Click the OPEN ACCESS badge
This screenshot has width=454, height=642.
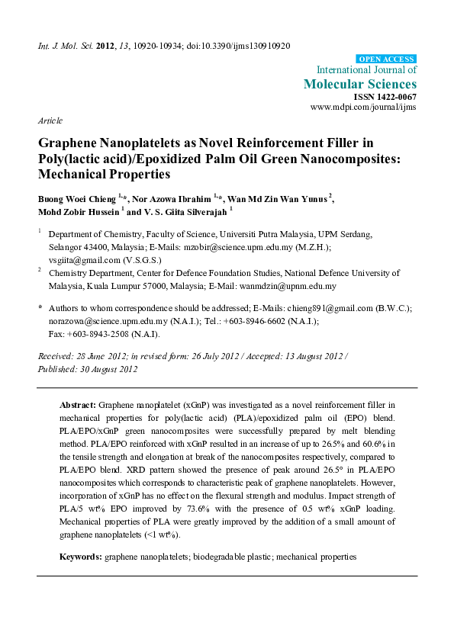click(387, 59)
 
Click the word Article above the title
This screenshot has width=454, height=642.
click(49, 121)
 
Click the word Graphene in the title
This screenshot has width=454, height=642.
click(69, 142)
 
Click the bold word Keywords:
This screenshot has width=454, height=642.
click(81, 557)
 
